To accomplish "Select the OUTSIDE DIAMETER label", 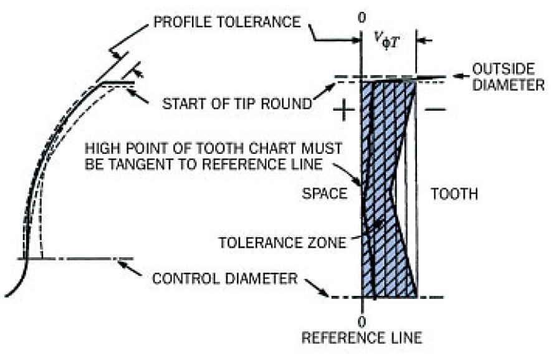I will point(507,76).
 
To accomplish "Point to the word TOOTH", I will point(454,194).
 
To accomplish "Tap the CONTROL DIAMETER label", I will point(225,278).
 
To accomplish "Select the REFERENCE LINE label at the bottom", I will point(362,338).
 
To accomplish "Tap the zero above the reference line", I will point(362,16).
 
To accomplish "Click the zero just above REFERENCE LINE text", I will point(362,321).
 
